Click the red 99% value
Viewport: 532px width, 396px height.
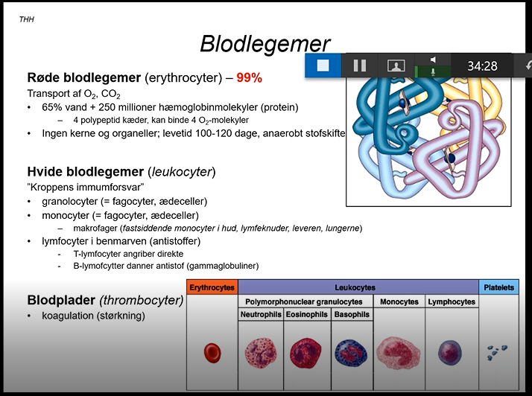[250, 77]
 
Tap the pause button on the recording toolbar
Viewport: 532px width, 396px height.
[360, 66]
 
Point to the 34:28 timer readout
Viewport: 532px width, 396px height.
[482, 66]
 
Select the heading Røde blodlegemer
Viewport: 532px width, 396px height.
[83, 77]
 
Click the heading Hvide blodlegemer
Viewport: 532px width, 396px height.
[86, 172]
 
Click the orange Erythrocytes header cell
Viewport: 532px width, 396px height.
[212, 287]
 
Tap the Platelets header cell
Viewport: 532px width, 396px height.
[498, 287]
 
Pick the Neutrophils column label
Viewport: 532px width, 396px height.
[261, 315]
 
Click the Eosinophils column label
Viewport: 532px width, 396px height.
[305, 315]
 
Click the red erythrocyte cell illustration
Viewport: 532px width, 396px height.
[212, 352]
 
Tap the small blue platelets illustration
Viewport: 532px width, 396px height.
[498, 351]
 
